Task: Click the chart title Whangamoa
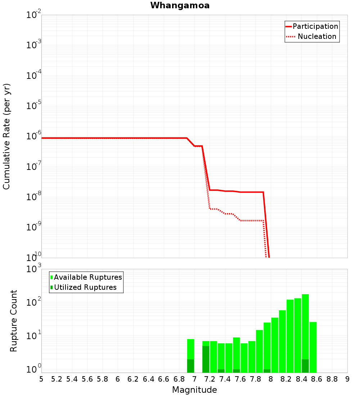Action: point(180,5)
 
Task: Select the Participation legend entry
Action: point(315,26)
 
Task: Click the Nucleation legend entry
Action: point(316,36)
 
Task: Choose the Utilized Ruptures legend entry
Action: point(85,287)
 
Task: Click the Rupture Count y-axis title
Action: point(14,321)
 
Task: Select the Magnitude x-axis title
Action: point(194,390)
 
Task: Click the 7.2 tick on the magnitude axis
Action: point(210,379)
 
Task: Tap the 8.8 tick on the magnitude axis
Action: point(332,379)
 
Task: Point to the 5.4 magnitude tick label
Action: point(72,379)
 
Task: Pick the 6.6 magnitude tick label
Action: point(163,379)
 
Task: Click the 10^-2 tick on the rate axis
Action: point(34,15)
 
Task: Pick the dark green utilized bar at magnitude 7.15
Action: point(206,359)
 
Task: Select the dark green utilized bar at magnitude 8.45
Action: point(305,366)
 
